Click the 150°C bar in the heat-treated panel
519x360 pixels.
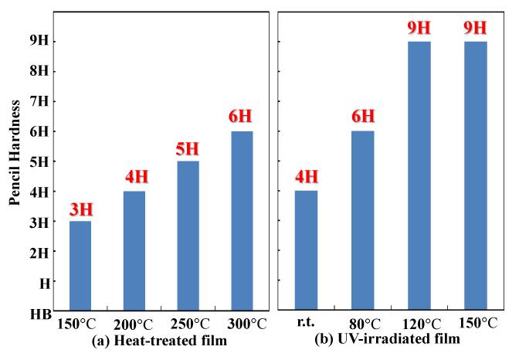click(x=80, y=266)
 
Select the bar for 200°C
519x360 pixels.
click(x=134, y=250)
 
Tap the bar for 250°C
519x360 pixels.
click(x=188, y=236)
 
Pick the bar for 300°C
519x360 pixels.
click(x=242, y=221)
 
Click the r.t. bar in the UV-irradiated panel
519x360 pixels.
click(x=307, y=250)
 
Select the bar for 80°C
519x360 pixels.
click(x=362, y=221)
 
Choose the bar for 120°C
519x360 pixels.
click(x=419, y=176)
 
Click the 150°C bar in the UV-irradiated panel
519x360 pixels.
click(x=475, y=176)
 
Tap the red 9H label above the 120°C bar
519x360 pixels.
click(x=419, y=28)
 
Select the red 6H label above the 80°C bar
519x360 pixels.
click(x=362, y=117)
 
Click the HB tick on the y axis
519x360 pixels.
click(x=40, y=314)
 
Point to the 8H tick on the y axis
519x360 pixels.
click(x=40, y=71)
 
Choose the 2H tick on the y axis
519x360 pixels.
click(x=40, y=253)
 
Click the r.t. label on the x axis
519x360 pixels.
click(x=307, y=324)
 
